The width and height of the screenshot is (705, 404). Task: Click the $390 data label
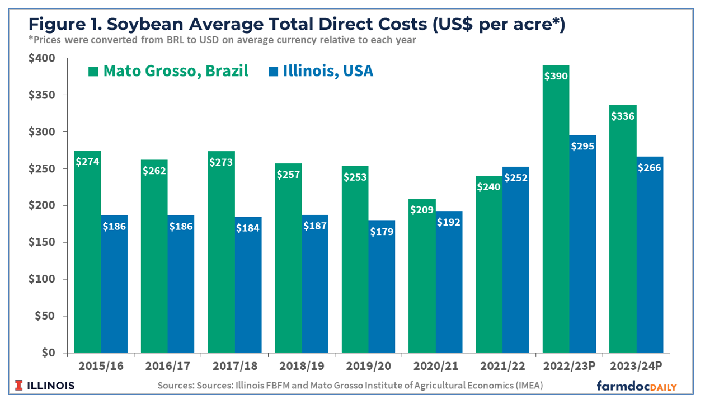tap(556, 76)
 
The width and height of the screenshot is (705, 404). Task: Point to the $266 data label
tap(650, 167)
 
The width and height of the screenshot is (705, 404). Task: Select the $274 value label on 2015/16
tap(87, 162)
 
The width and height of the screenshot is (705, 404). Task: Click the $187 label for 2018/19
tap(315, 226)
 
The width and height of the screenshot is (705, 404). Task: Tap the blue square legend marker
tap(274, 72)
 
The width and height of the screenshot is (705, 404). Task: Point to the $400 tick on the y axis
tap(41, 58)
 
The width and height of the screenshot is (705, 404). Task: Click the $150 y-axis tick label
tap(41, 242)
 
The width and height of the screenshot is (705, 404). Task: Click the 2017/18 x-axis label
tap(234, 367)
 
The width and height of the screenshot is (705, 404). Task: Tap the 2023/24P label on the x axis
tap(636, 367)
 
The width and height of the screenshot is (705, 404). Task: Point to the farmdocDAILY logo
tap(636, 386)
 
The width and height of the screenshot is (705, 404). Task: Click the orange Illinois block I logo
tap(20, 386)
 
